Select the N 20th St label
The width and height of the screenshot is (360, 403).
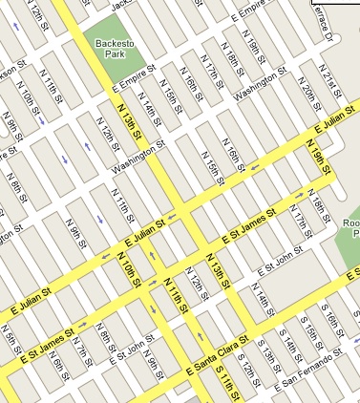point(310,94)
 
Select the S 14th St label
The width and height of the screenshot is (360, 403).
point(286,341)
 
